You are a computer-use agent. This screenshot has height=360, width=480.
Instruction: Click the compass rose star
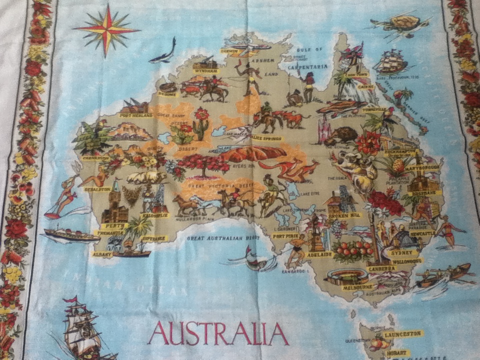coord(106,29)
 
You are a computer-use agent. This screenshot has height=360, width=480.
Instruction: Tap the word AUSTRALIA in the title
coord(218,333)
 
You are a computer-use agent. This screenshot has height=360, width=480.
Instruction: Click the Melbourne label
coord(357,287)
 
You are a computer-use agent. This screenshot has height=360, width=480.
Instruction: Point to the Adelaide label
coord(320,254)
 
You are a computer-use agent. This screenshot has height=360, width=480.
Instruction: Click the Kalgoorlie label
coord(154,215)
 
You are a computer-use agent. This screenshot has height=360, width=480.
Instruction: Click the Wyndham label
coord(207,71)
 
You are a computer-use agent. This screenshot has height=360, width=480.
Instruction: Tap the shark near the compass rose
coord(163,52)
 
